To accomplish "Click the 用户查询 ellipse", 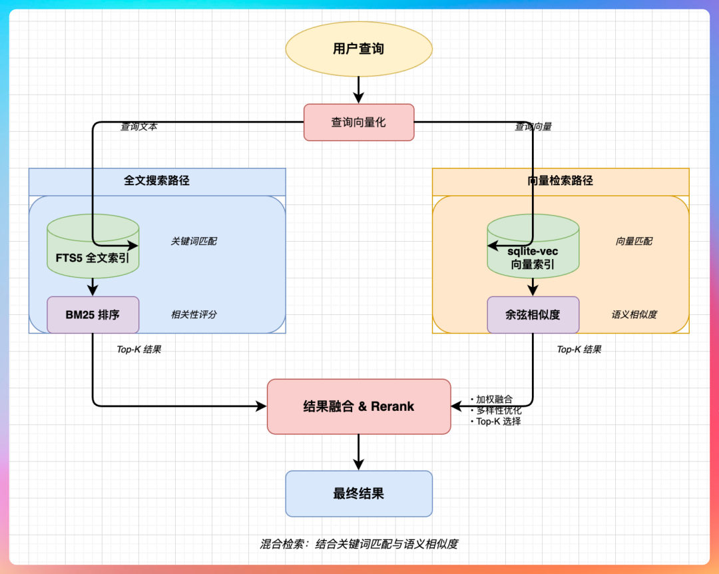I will (359, 49).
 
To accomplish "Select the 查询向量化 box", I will (359, 123).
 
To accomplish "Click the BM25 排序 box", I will (93, 315).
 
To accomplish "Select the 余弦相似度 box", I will (533, 315).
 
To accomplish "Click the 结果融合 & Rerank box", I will (359, 406).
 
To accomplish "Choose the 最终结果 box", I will (359, 493).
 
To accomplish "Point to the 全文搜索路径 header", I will (157, 180).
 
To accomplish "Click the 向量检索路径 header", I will (560, 180).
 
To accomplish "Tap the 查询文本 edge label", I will (138, 127).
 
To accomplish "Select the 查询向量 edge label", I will (533, 127).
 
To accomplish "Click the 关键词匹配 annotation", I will (194, 241).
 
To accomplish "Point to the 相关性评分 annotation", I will (194, 314).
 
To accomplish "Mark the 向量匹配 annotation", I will (634, 241).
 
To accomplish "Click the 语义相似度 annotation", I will (634, 314).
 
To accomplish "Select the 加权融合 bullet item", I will (493, 400).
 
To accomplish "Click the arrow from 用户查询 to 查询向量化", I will (359, 90).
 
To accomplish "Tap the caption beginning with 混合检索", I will (359, 544).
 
